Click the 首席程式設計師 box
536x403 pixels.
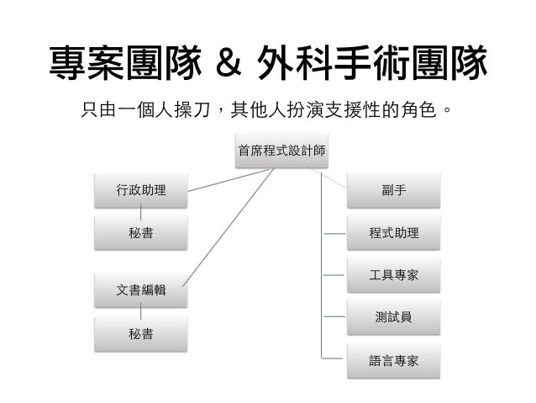[x=281, y=152]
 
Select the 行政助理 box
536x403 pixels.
[x=140, y=190]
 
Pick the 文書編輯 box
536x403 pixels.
[x=140, y=291]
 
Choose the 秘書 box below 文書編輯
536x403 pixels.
[x=140, y=333]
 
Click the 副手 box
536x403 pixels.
[x=393, y=190]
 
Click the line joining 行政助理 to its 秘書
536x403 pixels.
[x=140, y=211]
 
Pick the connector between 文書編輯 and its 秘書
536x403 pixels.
[x=140, y=312]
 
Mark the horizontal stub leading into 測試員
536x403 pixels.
[x=335, y=317]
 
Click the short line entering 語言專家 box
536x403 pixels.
[x=335, y=360]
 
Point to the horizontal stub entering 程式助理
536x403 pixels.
[x=335, y=233]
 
